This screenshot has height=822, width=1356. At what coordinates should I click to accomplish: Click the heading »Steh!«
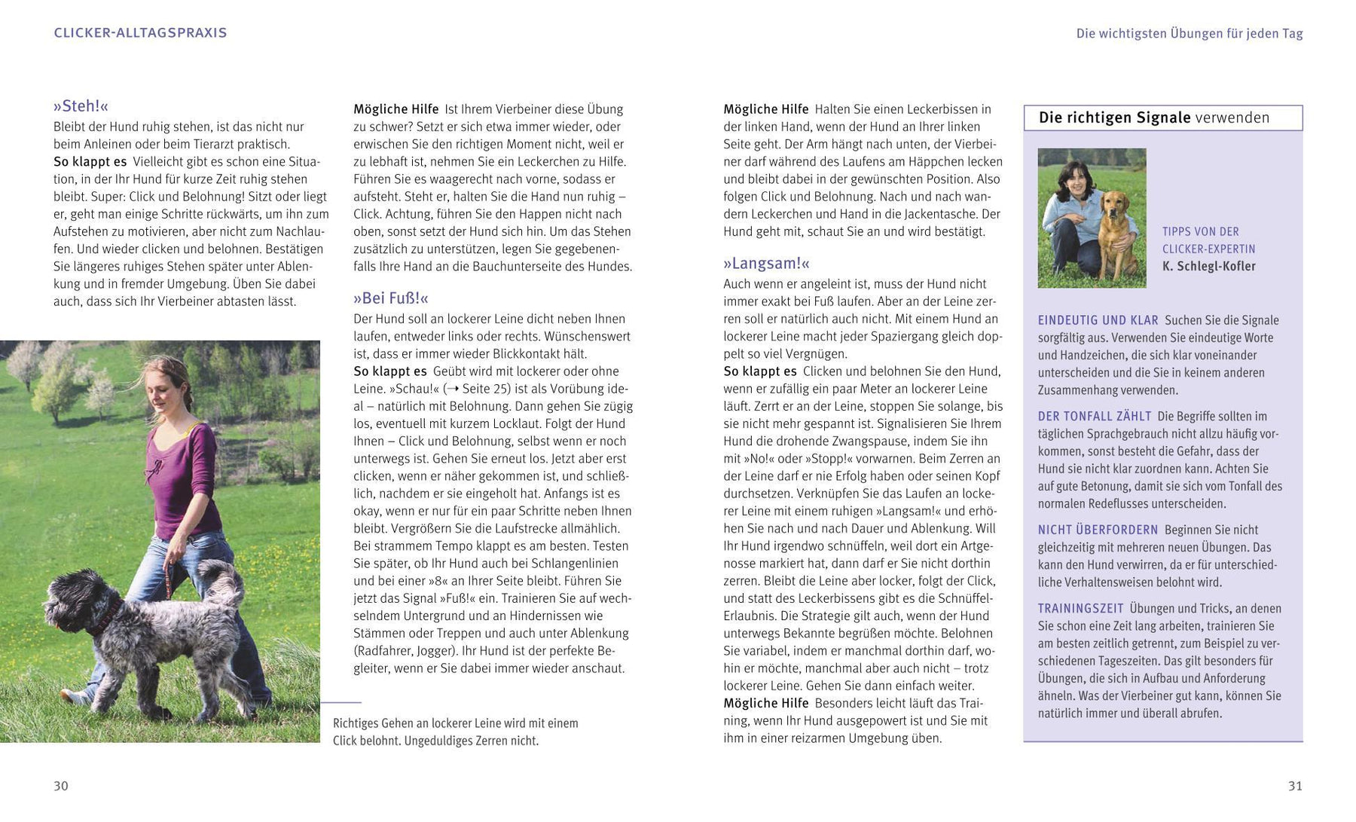(81, 106)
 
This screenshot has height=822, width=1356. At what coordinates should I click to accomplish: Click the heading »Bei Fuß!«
(390, 298)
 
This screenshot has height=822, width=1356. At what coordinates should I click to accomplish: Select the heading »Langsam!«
(766, 264)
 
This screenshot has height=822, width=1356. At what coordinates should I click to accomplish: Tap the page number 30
(61, 786)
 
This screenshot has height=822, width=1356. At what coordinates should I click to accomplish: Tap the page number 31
(1294, 786)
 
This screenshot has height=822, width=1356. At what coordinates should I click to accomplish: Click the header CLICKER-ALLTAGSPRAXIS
(140, 33)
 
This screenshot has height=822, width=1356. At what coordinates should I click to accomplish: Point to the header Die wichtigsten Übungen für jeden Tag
(1189, 33)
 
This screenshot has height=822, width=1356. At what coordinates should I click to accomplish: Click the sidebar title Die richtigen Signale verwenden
(1153, 118)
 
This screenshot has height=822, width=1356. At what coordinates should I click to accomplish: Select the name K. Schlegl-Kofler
(1208, 266)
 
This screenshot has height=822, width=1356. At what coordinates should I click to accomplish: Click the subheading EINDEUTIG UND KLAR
(1098, 320)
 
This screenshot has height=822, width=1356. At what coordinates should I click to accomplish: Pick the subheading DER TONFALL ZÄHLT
(1094, 416)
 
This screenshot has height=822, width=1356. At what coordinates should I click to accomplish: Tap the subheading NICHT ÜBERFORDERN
(1098, 530)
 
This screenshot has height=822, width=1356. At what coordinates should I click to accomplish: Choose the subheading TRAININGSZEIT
(1080, 608)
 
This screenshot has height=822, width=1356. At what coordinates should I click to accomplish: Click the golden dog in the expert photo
(1116, 226)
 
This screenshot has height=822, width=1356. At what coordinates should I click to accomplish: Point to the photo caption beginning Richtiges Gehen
(455, 732)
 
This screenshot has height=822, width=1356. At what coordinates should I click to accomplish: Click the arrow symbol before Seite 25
(452, 389)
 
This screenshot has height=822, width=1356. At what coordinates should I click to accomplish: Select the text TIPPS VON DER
(1200, 231)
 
